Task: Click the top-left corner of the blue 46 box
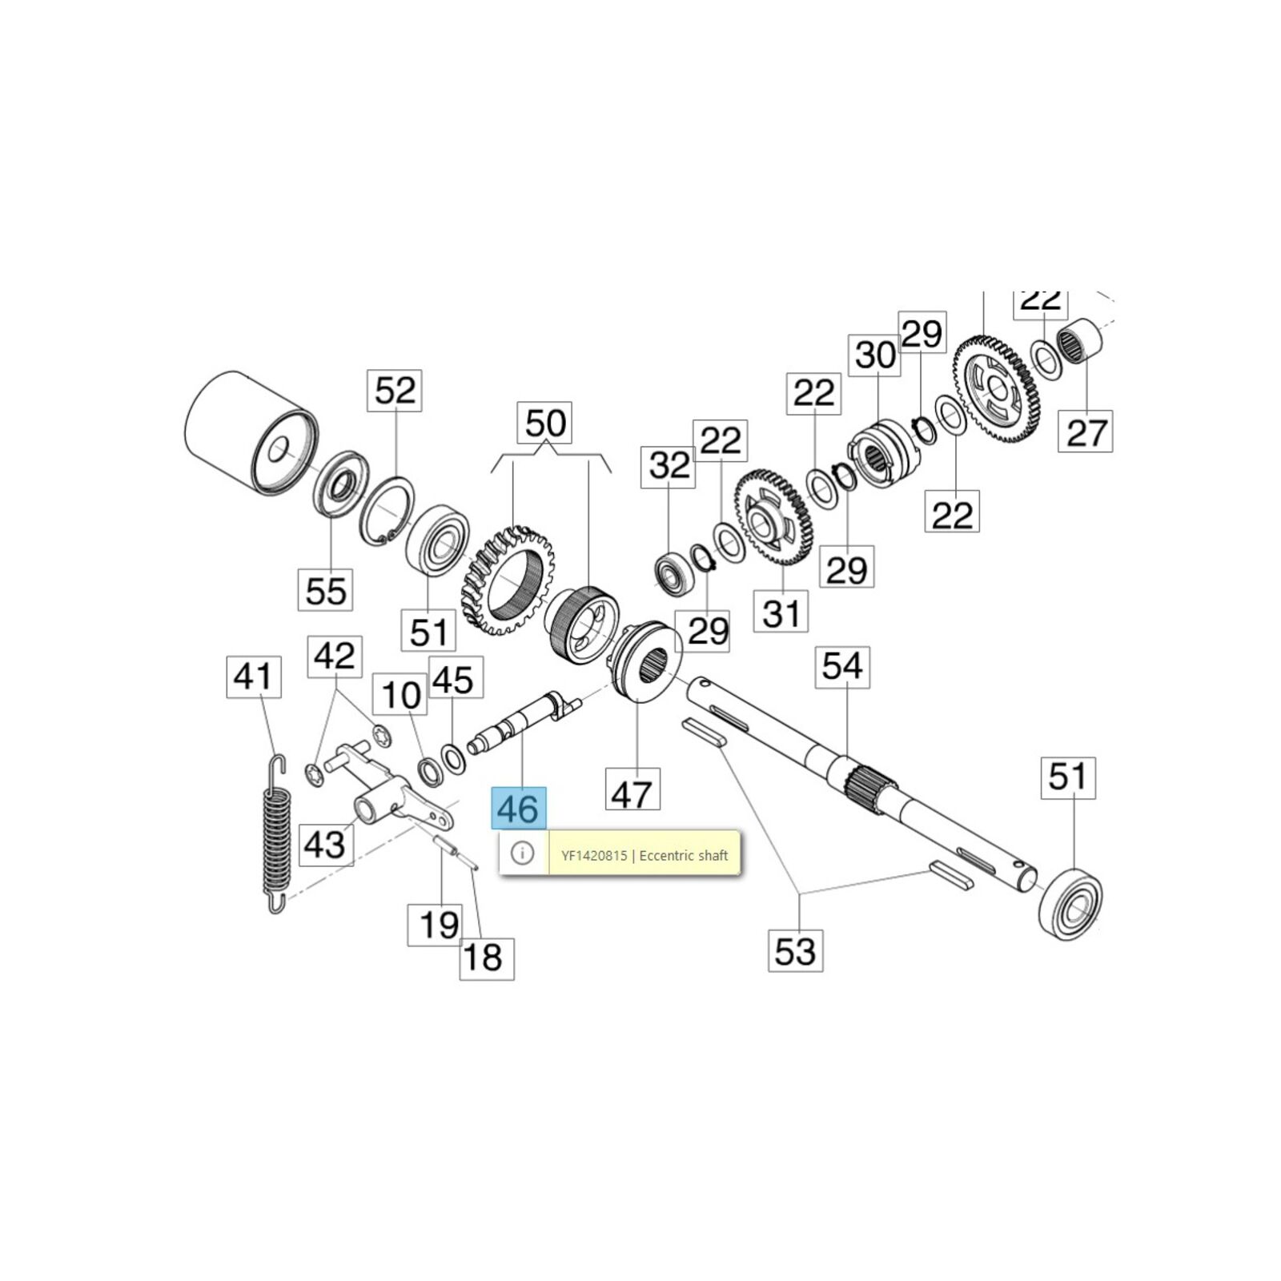492,787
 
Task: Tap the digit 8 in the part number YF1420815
613,856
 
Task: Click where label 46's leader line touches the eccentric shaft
521,729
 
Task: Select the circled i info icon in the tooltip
522,853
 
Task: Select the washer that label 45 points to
453,758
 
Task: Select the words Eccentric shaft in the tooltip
684,856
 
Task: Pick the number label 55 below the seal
326,590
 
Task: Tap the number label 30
874,355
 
